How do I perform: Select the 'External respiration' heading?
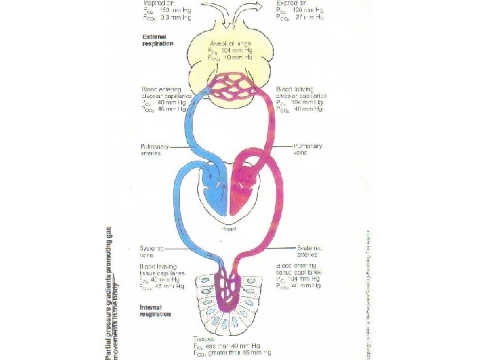coord(157,39)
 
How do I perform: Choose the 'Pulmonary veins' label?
coord(309,149)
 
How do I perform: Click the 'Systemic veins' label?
coord(151,250)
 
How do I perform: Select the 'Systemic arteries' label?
coord(309,250)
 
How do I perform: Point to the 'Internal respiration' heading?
coord(156,310)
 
